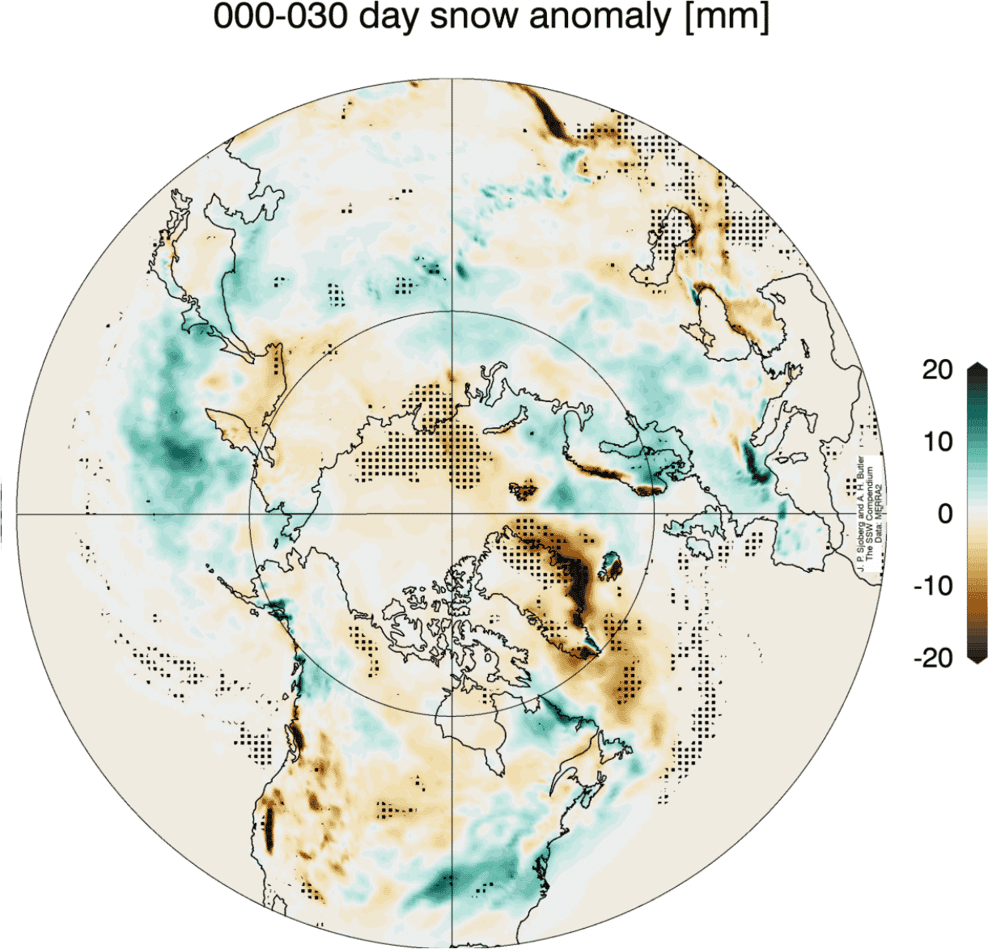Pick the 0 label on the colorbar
coord(944,514)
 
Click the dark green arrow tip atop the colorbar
coord(977,368)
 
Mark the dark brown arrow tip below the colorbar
coord(977,659)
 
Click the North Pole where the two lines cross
coord(452,514)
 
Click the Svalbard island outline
coord(523,489)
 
